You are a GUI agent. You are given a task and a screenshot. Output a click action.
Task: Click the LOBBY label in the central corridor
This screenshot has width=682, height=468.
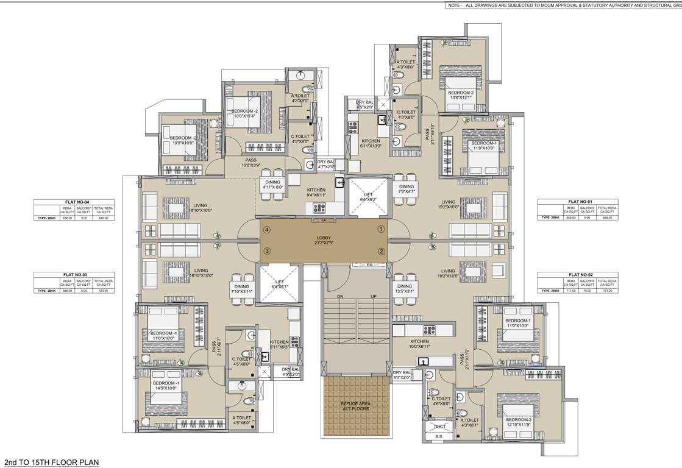pyautogui.click(x=323, y=239)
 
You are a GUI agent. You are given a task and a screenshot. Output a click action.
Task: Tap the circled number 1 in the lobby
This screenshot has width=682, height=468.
pyautogui.click(x=381, y=229)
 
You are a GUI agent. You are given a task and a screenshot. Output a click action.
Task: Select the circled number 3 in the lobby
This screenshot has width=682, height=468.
pyautogui.click(x=267, y=251)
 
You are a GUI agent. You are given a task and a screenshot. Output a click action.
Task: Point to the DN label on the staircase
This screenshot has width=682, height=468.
pyautogui.click(x=340, y=297)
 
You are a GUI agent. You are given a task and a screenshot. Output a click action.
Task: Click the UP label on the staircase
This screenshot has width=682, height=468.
pyautogui.click(x=373, y=297)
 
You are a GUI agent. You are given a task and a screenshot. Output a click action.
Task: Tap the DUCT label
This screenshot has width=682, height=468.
pyautogui.click(x=439, y=426)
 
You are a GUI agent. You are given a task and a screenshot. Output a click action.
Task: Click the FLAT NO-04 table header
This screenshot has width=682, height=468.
pyautogui.click(x=73, y=202)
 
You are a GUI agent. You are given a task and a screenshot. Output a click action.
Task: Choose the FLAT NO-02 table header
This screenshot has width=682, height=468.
pyautogui.click(x=577, y=275)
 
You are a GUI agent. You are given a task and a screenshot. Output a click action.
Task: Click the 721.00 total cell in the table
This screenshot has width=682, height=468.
pyautogui.click(x=607, y=291)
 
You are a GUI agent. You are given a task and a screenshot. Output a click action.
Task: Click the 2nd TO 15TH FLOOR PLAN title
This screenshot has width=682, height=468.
pyautogui.click(x=51, y=463)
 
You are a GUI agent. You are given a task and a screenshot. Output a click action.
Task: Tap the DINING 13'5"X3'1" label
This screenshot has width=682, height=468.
pyautogui.click(x=405, y=288)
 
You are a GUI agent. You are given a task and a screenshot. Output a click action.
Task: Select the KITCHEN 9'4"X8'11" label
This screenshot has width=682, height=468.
pyautogui.click(x=316, y=193)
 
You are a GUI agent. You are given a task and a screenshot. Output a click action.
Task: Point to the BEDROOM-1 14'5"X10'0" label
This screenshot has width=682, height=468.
pyautogui.click(x=163, y=385)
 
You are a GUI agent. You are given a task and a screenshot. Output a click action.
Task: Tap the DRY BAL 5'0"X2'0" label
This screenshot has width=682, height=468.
pyautogui.click(x=402, y=375)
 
